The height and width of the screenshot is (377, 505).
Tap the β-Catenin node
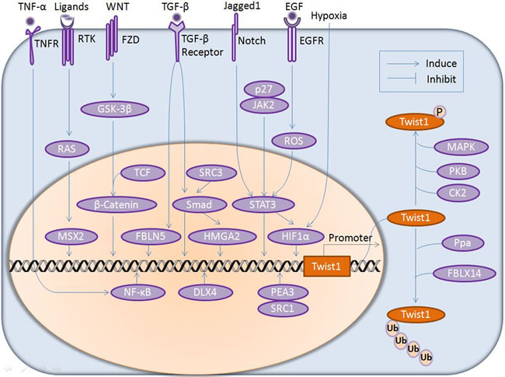(114, 205)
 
